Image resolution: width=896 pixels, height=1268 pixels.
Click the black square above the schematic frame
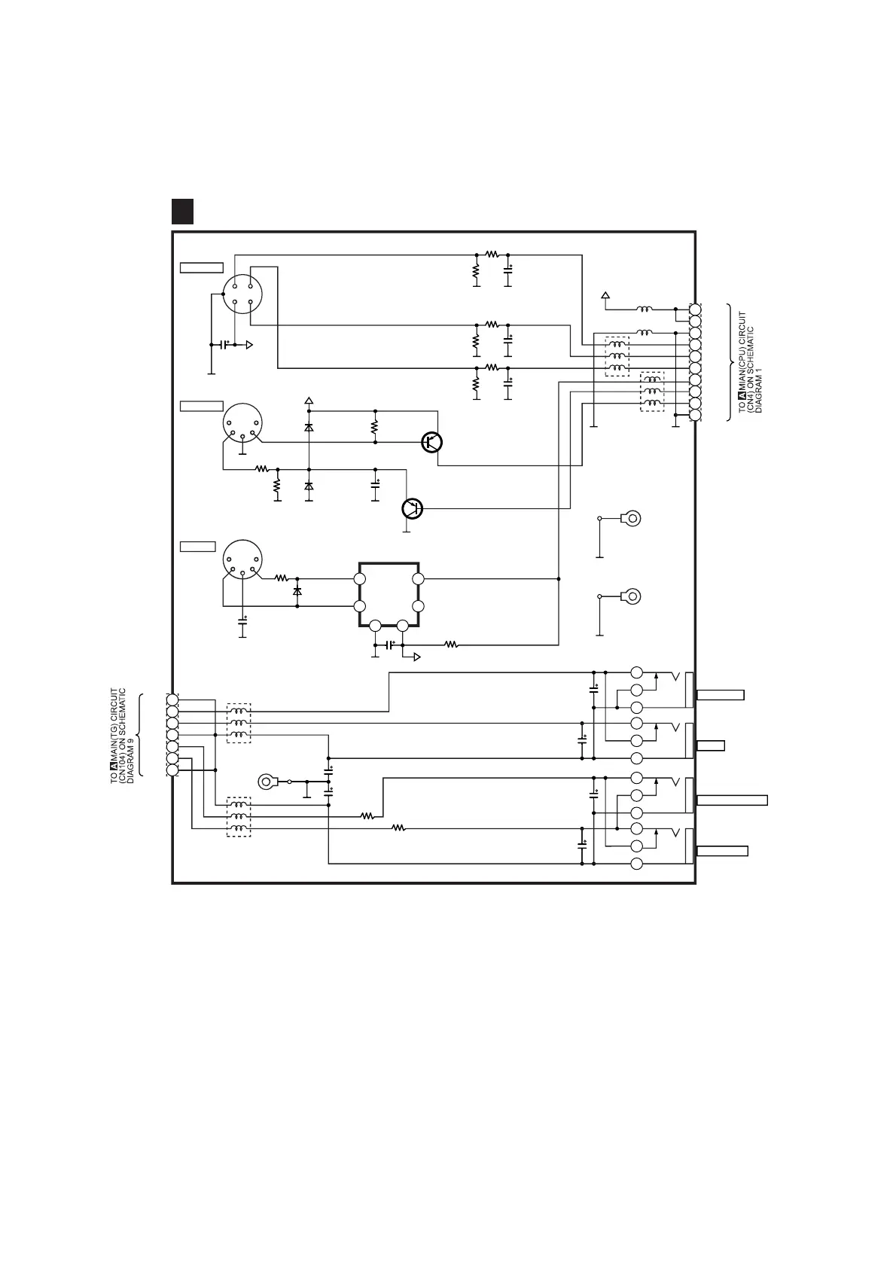[x=182, y=212]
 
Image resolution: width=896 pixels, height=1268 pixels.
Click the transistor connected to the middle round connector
[x=431, y=442]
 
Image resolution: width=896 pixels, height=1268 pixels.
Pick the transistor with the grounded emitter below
[x=412, y=508]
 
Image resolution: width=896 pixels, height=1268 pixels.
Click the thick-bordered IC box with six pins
[x=389, y=594]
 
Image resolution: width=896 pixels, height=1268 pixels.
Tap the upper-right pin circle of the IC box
[x=419, y=579]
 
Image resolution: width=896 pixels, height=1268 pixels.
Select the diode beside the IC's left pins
[x=297, y=592]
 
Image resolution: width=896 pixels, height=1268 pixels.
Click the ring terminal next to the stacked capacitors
[x=267, y=782]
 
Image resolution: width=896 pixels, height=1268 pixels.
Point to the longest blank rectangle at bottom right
[x=732, y=800]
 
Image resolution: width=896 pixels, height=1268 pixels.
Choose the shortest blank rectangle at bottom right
[x=711, y=745]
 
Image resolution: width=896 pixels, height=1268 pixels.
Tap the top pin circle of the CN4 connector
[x=695, y=309]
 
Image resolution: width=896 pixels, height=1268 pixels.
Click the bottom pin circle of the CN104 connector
[x=172, y=770]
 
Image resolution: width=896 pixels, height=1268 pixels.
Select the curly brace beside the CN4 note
[x=730, y=362]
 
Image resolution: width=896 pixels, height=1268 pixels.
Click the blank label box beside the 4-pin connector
[x=202, y=267]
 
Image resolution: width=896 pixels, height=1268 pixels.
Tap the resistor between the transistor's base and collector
[x=375, y=427]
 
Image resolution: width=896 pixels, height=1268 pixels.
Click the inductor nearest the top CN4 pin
[x=645, y=309]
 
